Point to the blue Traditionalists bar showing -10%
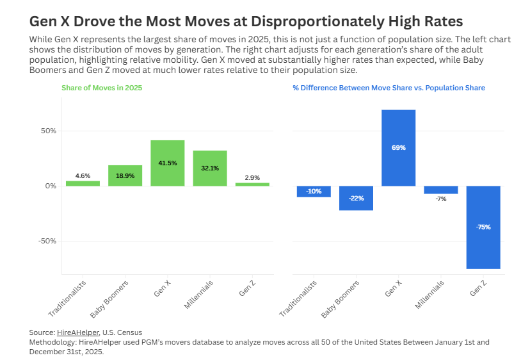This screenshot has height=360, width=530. click(314, 191)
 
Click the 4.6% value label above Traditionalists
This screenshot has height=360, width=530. click(83, 176)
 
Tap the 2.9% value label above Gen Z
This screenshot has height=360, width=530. click(252, 177)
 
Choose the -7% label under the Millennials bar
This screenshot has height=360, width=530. click(441, 199)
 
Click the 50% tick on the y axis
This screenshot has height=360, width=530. click(49, 131)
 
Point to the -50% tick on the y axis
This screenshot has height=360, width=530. click(47, 241)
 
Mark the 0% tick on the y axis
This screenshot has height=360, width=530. click(51, 186)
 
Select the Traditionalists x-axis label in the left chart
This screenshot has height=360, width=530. click(67, 298)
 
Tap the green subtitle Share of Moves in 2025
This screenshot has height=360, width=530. click(102, 88)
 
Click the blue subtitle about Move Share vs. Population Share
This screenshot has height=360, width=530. click(389, 88)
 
